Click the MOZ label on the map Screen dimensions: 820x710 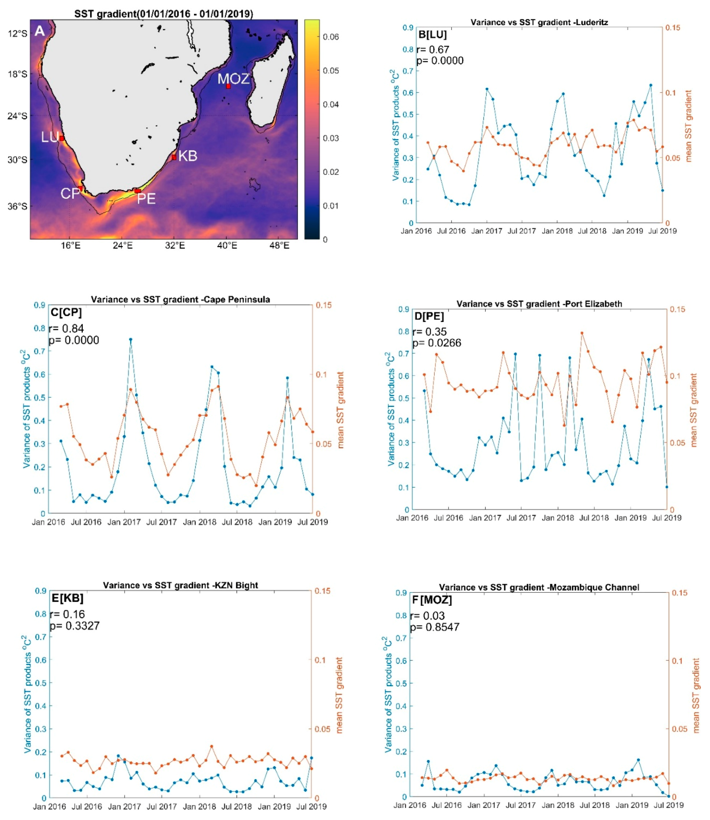click(x=233, y=79)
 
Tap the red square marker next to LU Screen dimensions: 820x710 click(x=62, y=138)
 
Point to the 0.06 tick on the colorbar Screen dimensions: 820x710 click(x=331, y=37)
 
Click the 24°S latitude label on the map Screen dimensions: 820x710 click(x=17, y=116)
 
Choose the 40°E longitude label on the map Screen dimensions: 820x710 click(x=227, y=246)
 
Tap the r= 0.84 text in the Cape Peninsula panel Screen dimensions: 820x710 click(x=67, y=329)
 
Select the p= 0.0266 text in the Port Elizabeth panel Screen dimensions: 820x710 click(x=437, y=343)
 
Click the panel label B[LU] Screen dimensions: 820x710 click(x=432, y=35)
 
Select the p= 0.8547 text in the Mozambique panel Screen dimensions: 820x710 click(x=435, y=627)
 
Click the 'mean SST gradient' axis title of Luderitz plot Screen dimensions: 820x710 click(x=689, y=126)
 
